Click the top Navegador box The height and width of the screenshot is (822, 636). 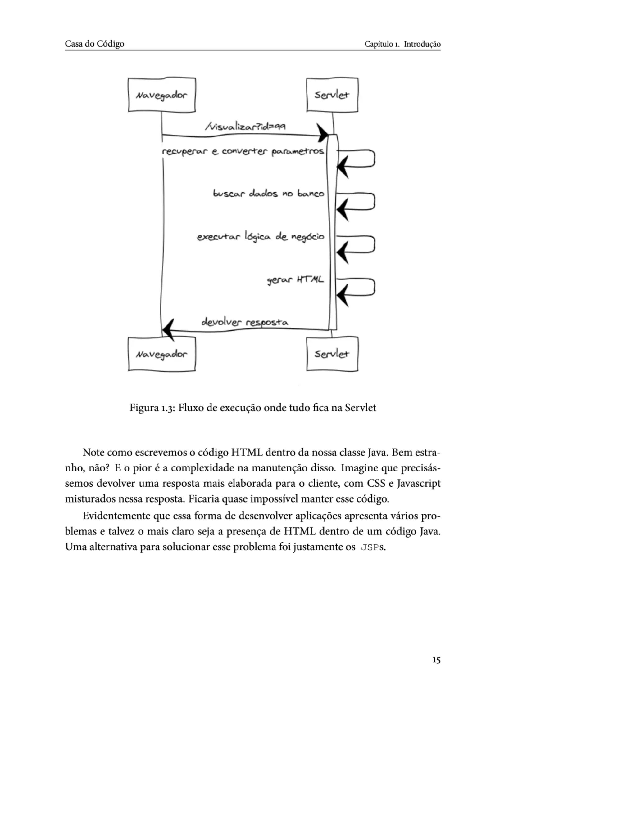tap(161, 95)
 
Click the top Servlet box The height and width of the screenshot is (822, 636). tap(332, 95)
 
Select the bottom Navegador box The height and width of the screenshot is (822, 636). tap(161, 354)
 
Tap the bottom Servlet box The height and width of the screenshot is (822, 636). tap(332, 354)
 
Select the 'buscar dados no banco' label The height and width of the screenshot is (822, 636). tap(269, 194)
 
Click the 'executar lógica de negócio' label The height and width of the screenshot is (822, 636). tap(260, 237)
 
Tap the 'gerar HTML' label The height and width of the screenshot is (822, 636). tap(295, 280)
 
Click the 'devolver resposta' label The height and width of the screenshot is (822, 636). tap(245, 323)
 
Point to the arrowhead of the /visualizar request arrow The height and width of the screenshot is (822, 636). tap(323, 133)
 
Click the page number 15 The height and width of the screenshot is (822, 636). tap(436, 660)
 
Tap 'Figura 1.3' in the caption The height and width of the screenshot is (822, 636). tap(152, 408)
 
